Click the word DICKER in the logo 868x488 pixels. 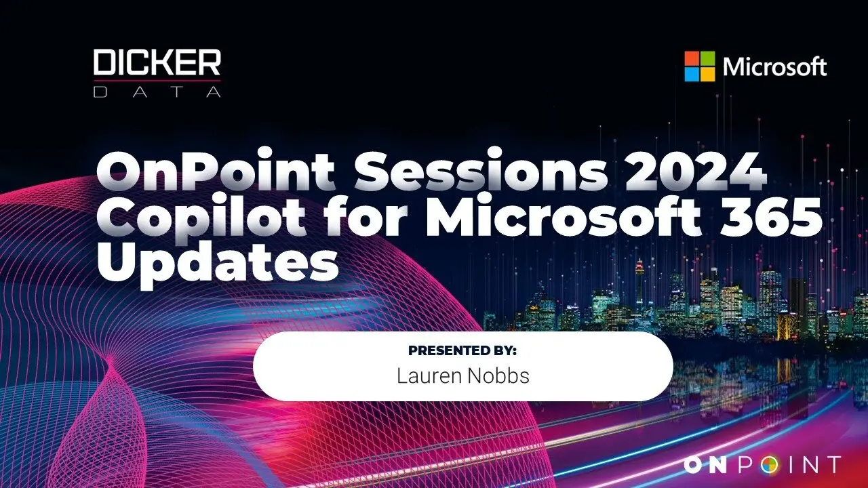pyautogui.click(x=157, y=62)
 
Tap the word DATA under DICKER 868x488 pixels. pyautogui.click(x=157, y=91)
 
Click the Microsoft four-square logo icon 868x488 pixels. pyautogui.click(x=699, y=66)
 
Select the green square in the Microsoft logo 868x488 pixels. pyautogui.click(x=707, y=58)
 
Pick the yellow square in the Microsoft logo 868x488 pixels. pyautogui.click(x=707, y=75)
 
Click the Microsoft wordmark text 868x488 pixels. pyautogui.click(x=774, y=66)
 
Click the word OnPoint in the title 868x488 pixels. pyautogui.click(x=216, y=170)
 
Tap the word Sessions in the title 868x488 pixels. pyautogui.click(x=481, y=170)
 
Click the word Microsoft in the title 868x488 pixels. pyautogui.click(x=564, y=216)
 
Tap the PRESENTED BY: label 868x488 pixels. pyautogui.click(x=462, y=350)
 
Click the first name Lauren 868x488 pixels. pyautogui.click(x=429, y=375)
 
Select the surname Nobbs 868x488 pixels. pyautogui.click(x=498, y=375)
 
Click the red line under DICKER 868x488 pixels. pyautogui.click(x=157, y=81)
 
